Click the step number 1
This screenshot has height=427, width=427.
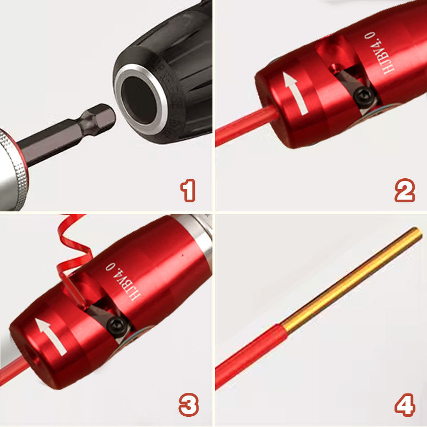(x=188, y=191)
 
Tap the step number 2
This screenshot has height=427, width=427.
(x=405, y=191)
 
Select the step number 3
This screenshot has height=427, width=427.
(x=189, y=405)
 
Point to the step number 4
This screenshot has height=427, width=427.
(x=405, y=405)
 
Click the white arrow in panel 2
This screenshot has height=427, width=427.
(x=295, y=92)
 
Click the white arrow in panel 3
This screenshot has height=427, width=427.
(x=51, y=337)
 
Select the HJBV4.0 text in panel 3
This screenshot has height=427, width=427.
(x=123, y=281)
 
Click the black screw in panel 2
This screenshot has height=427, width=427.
(x=364, y=97)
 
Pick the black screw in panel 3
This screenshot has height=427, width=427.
(x=117, y=326)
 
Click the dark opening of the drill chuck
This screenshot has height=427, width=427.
(x=139, y=100)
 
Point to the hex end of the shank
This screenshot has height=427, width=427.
(x=99, y=119)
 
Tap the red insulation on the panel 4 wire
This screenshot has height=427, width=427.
(x=250, y=356)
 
